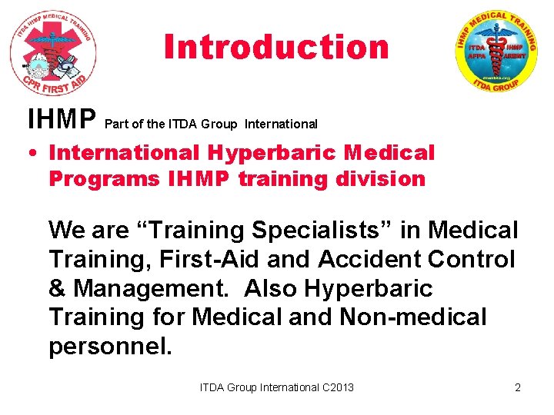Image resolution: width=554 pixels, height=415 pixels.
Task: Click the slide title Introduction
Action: [x=276, y=48]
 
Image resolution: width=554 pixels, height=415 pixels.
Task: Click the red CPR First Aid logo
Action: [x=53, y=52]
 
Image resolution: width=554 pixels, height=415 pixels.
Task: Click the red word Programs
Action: [x=104, y=179]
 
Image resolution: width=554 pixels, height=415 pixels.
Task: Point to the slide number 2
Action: [x=518, y=387]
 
